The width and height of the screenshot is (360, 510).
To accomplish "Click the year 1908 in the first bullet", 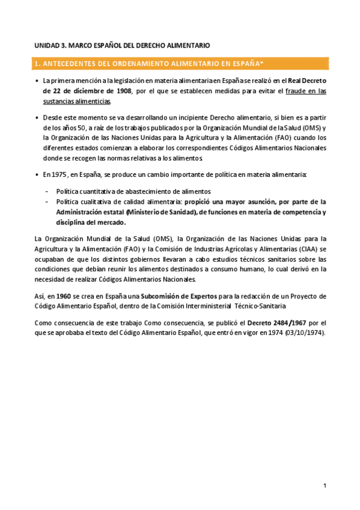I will click(124, 91).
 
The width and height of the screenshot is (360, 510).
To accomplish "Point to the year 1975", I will click(61, 174).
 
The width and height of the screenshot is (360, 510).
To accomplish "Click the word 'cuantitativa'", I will click(98, 191).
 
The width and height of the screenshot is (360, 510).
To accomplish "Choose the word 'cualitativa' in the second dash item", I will click(98, 201).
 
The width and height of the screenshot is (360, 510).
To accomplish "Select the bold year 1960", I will click(64, 295).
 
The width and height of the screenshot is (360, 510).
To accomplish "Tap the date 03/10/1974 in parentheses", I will click(305, 334).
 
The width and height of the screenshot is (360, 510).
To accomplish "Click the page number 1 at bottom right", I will click(325, 485).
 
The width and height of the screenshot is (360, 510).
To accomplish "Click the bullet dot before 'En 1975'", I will click(37, 175).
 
